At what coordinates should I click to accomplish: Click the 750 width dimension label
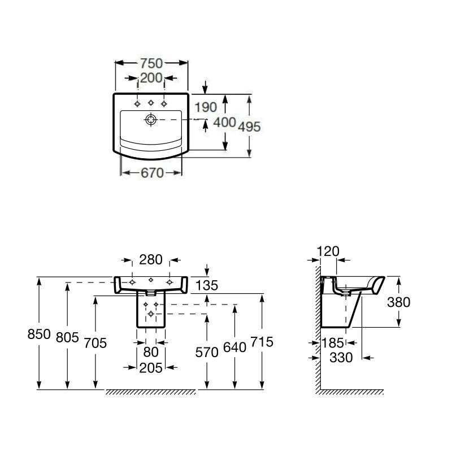click(x=151, y=63)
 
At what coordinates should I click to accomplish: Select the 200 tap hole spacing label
click(x=151, y=78)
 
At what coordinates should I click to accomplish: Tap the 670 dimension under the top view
click(x=151, y=173)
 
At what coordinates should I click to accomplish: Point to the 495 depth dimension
click(x=249, y=127)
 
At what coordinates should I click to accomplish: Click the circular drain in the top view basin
click(x=151, y=119)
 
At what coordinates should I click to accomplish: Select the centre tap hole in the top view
click(x=151, y=103)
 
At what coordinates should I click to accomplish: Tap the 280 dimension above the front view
click(x=151, y=260)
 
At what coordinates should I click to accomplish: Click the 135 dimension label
click(x=206, y=285)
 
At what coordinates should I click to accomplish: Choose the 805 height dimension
click(x=67, y=337)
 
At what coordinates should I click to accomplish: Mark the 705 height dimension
click(x=94, y=342)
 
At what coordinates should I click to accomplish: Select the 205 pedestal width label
click(x=151, y=368)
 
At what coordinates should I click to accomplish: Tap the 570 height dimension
click(x=207, y=353)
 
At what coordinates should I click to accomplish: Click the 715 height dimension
click(x=262, y=342)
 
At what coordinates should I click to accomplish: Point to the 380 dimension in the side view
click(x=398, y=302)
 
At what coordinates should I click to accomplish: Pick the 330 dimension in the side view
click(x=341, y=357)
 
